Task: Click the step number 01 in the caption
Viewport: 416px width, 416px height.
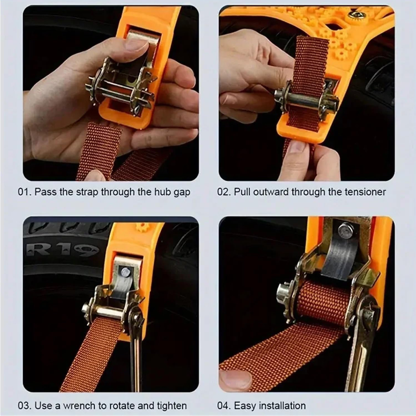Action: (24, 192)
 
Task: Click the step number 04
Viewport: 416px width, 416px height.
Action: (223, 405)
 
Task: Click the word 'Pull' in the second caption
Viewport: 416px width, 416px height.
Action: (241, 192)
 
